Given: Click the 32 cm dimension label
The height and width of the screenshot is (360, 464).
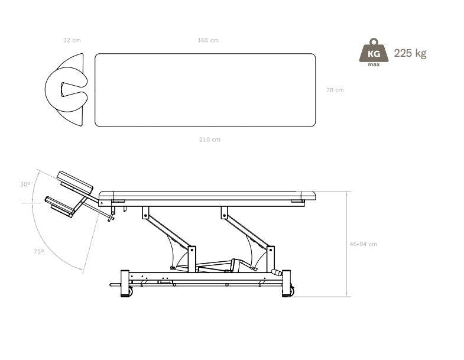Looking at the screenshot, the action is [x=72, y=40].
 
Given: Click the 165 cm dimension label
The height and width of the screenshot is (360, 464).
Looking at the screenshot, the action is [x=208, y=40].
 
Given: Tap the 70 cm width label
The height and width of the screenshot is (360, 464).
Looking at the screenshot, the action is [x=335, y=90].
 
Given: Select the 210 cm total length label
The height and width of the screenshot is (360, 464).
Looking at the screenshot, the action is [x=209, y=140].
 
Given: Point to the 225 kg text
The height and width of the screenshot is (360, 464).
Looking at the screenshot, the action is [x=410, y=53].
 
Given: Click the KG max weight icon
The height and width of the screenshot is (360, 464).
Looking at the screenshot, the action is [x=374, y=52].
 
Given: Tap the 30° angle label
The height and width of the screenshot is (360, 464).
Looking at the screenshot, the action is [x=25, y=184].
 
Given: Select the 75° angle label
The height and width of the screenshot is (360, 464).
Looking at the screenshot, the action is [x=39, y=251].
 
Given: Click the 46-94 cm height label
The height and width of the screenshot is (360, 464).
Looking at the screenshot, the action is [x=363, y=244].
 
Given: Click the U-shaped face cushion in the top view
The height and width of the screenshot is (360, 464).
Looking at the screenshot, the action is [x=66, y=89].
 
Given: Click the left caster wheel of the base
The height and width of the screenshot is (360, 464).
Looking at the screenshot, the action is [x=130, y=292].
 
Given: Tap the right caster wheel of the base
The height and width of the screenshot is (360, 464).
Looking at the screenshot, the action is [x=292, y=291].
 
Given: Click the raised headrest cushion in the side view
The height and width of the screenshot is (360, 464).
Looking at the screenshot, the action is [x=75, y=181].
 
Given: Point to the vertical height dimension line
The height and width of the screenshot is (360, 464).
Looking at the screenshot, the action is [x=347, y=244].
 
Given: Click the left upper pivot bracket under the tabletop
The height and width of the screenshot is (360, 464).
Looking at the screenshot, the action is [x=145, y=213].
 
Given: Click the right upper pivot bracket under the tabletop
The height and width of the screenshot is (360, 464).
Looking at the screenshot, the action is [x=224, y=213].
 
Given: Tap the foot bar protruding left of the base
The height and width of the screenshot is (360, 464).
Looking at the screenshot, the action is [x=115, y=285].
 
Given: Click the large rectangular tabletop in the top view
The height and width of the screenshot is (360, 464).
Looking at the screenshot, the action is [x=205, y=90].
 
